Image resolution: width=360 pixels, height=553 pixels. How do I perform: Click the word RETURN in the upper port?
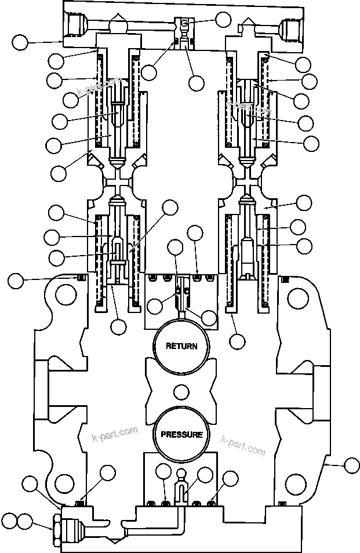[181, 346]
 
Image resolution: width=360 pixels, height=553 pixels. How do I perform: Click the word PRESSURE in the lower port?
[181, 434]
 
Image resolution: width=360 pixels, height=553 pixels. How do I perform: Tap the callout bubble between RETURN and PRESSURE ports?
[181, 393]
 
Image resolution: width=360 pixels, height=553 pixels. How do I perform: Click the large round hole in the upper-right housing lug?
[298, 300]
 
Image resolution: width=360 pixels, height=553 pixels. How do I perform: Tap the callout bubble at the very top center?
[223, 19]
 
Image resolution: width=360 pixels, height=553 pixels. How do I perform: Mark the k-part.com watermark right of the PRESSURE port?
[243, 446]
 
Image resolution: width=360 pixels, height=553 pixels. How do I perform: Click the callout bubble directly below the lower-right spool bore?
[237, 340]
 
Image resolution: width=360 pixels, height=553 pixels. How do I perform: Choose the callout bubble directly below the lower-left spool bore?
[118, 326]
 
